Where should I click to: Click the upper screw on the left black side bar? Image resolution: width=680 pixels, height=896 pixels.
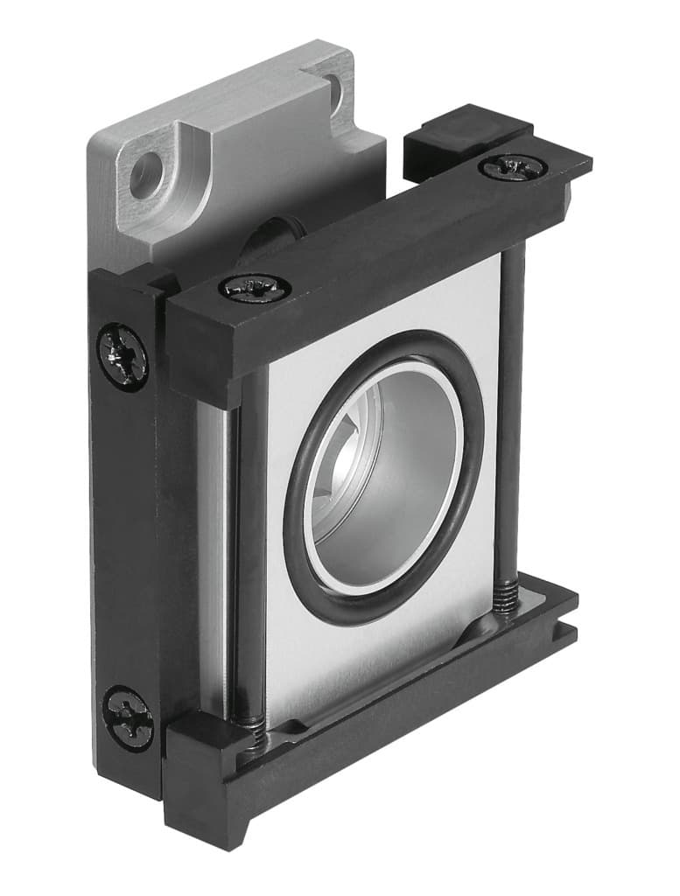tap(123, 356)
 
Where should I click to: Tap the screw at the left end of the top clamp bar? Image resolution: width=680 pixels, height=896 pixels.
tap(255, 287)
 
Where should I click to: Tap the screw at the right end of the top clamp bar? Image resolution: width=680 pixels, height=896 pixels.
tap(513, 166)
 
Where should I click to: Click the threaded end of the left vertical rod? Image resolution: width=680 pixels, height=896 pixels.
tap(252, 731)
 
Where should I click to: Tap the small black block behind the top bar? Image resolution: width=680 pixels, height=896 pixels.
tap(455, 131)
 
